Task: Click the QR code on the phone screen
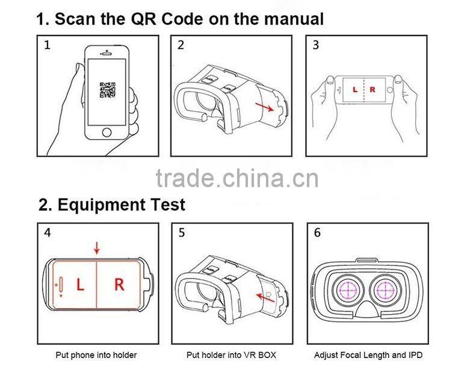[108, 90]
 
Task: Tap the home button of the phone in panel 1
[107, 132]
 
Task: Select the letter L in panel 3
[354, 90]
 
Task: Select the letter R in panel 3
[372, 90]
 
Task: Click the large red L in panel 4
[80, 285]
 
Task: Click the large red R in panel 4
[119, 285]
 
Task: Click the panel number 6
[317, 233]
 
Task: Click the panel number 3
[316, 46]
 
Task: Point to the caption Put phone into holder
[96, 355]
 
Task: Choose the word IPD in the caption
[414, 355]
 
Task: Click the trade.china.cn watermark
[236, 178]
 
